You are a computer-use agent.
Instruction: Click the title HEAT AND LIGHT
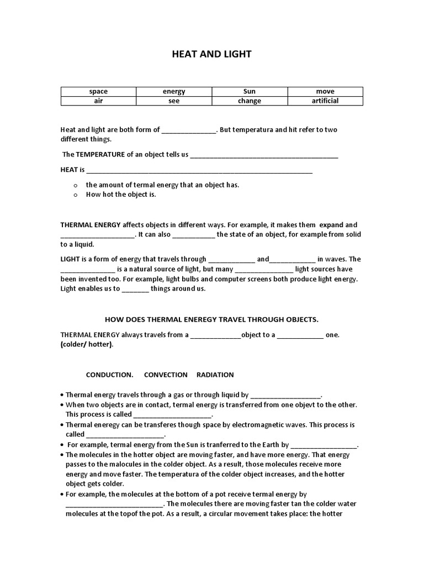(211, 54)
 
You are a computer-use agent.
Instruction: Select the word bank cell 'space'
(98, 91)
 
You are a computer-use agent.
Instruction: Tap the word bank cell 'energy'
(174, 91)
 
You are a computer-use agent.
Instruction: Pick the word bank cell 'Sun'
(250, 91)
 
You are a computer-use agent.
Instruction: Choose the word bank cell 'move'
(325, 91)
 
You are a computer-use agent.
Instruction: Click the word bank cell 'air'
(98, 101)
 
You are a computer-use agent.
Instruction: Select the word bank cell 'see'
(174, 101)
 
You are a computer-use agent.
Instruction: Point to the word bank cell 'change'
(250, 101)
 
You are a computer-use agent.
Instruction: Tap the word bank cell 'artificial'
(325, 101)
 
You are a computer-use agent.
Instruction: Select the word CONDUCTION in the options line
(109, 375)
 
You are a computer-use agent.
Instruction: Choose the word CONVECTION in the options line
(166, 375)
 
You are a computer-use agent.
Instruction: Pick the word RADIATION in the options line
(215, 375)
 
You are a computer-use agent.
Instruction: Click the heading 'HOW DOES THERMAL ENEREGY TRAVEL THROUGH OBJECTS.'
(211, 319)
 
